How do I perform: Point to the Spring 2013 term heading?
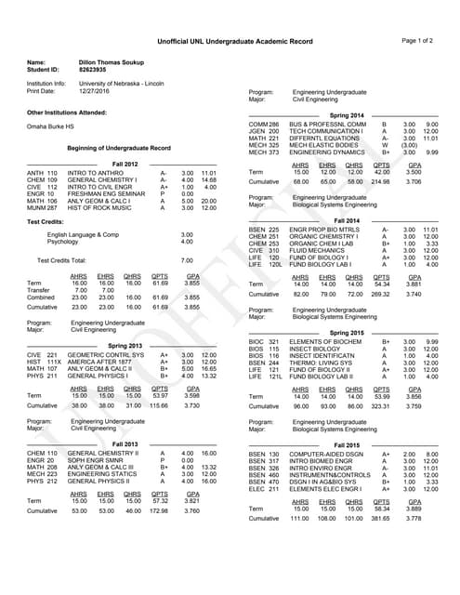point(125,345)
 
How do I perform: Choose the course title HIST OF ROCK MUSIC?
point(100,207)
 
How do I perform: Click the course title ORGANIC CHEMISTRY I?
point(326,236)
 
